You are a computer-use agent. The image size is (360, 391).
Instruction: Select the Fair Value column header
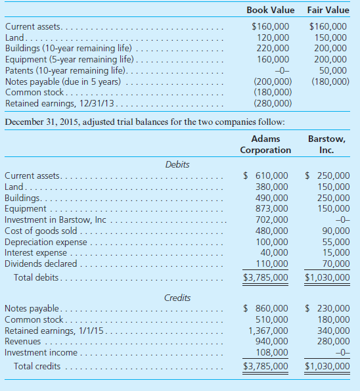click(328, 10)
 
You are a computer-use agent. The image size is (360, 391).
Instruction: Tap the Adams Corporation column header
click(265, 145)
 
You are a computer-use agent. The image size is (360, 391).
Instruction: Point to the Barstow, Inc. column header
click(327, 145)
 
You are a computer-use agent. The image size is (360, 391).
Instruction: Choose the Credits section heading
click(177, 298)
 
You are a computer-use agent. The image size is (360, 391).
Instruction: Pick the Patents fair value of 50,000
click(334, 70)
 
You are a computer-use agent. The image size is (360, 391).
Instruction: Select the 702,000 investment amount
click(272, 219)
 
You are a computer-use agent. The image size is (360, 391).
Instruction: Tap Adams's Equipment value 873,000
click(272, 208)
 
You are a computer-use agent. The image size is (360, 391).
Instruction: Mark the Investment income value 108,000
click(272, 353)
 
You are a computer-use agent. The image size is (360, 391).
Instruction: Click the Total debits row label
click(37, 277)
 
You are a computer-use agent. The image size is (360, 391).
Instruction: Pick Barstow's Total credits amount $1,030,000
click(327, 366)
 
